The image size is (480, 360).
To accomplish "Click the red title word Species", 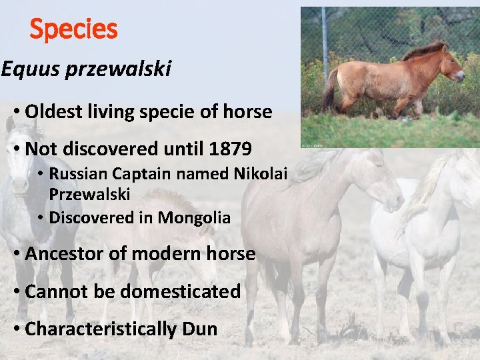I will (x=73, y=29).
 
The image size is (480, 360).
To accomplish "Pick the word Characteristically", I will (x=101, y=329).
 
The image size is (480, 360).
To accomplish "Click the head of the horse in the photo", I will (x=451, y=67).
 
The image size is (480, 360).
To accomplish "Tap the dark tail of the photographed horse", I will (x=330, y=90).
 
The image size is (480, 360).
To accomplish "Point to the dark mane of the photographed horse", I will (x=424, y=50).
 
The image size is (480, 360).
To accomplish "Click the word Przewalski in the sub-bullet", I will (x=89, y=195).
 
